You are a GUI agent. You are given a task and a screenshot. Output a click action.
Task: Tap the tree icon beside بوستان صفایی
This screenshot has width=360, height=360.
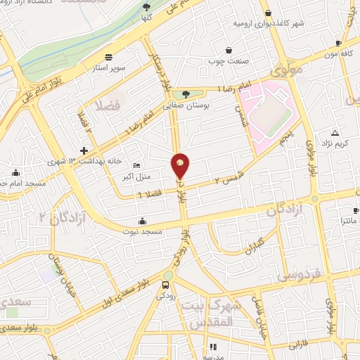(185, 94)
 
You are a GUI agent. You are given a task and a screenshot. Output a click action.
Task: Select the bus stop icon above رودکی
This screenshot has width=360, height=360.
(165, 285)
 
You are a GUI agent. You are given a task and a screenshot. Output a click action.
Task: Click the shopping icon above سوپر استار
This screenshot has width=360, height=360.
(108, 57)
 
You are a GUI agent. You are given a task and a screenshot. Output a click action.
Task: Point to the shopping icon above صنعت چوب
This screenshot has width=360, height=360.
(229, 50)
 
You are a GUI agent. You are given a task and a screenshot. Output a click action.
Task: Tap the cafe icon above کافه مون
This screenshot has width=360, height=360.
(339, 43)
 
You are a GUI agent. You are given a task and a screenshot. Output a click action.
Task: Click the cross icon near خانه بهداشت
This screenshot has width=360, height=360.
(84, 150)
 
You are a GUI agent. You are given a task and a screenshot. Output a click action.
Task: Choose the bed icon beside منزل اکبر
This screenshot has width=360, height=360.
(136, 164)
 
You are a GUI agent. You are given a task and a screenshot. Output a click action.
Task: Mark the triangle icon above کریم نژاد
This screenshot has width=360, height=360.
(335, 133)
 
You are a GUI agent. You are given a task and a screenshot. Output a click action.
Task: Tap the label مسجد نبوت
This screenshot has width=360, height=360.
(143, 231)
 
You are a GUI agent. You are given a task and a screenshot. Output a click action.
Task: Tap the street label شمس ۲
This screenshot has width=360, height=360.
(231, 174)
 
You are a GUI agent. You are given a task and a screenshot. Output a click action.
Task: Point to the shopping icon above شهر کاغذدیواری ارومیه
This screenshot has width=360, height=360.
(268, 13)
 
